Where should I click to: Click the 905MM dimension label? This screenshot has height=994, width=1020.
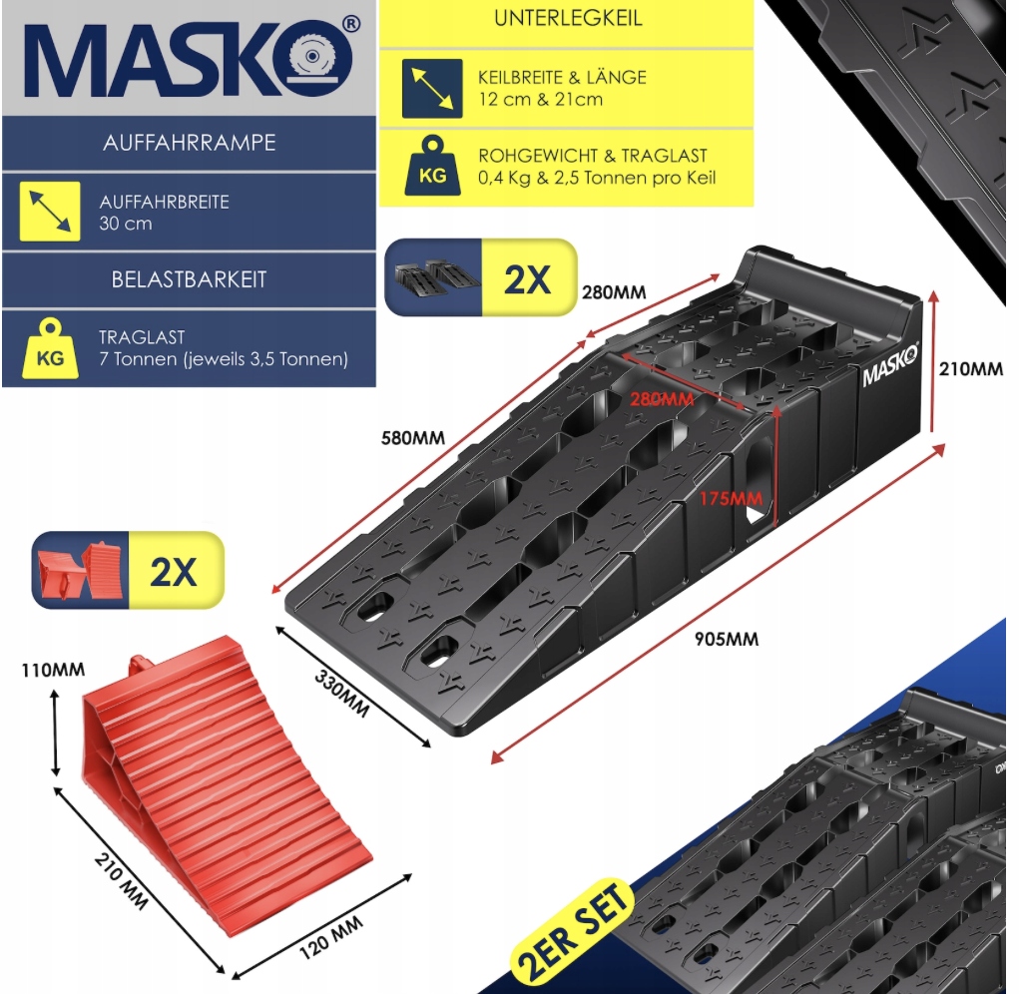(727, 639)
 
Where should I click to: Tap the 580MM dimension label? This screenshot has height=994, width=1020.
(413, 438)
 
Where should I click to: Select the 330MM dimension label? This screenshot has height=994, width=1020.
(341, 694)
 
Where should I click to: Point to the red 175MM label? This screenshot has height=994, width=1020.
(732, 499)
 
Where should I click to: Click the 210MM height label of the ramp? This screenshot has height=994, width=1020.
(970, 369)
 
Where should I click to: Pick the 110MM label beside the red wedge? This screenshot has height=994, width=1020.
(53, 670)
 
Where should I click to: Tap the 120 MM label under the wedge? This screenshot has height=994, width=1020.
(331, 938)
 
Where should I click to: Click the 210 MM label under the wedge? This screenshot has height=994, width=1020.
(122, 880)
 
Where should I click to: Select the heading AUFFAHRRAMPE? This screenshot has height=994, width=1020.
(190, 143)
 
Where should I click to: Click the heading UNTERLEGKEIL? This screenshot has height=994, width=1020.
(568, 18)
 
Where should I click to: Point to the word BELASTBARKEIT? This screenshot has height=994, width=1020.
(189, 279)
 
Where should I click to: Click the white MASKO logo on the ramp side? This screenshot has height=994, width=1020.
(890, 365)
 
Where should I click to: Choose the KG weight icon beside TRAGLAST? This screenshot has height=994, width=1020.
(50, 348)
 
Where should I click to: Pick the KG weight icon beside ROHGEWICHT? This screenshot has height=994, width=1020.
(432, 166)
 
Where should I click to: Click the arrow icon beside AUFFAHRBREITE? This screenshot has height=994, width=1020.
(50, 212)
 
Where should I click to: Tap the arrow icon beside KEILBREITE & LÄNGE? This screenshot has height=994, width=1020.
(432, 89)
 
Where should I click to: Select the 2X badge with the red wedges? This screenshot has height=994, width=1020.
(128, 570)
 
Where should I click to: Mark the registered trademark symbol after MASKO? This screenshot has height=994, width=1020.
(350, 24)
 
